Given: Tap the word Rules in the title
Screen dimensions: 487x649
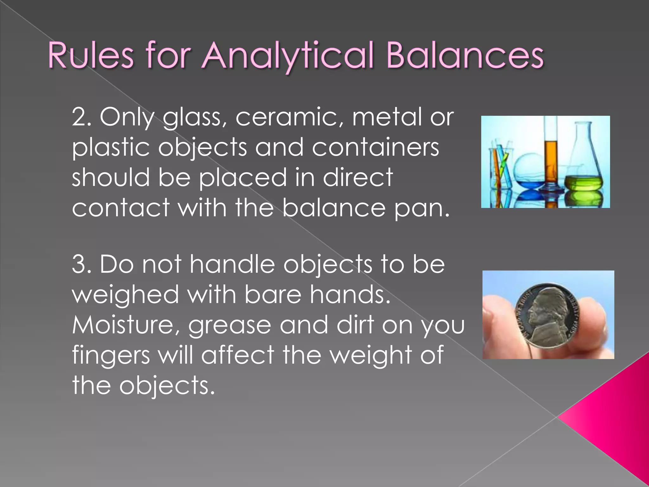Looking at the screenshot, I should coord(91,56).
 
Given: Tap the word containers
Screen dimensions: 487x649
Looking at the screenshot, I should coord(375,147).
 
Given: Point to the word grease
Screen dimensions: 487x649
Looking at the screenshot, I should coord(229,326).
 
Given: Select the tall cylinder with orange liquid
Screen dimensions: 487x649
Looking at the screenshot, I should coord(551,159).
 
